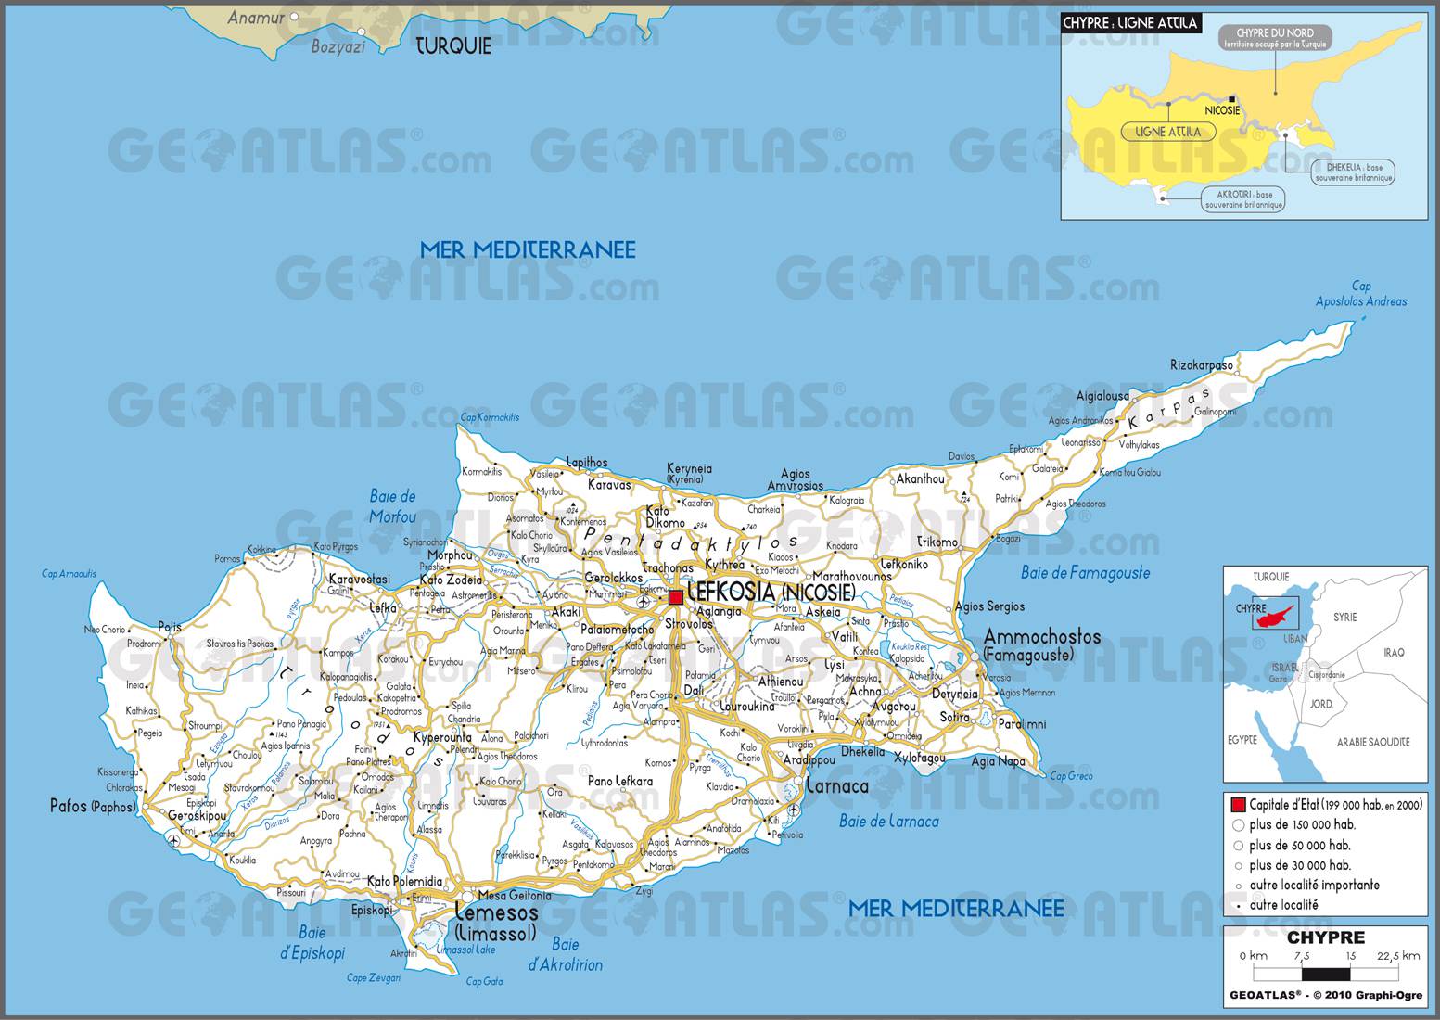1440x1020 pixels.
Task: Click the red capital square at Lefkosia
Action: point(676,597)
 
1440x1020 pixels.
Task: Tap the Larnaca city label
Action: point(837,787)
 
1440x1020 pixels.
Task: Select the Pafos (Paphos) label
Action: point(93,806)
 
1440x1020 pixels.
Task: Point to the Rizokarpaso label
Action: point(1202,365)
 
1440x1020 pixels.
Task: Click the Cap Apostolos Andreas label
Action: point(1361,294)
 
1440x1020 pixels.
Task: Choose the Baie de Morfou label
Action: point(393,506)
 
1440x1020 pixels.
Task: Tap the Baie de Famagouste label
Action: point(1085,573)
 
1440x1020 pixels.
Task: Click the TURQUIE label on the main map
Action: point(452,46)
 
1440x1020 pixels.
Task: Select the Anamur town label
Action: point(255,17)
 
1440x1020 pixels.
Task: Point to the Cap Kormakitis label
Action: point(490,417)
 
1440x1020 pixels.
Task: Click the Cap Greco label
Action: point(1072,776)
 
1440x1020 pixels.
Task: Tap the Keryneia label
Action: point(690,469)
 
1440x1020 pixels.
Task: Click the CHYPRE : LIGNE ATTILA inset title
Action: point(1131,23)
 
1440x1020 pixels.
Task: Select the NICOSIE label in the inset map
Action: point(1222,110)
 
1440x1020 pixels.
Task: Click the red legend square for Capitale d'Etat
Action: point(1238,805)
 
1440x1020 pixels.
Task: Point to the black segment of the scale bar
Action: point(1326,975)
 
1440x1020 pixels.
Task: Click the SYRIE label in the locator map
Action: point(1344,617)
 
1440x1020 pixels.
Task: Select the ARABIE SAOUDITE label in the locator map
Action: point(1373,742)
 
